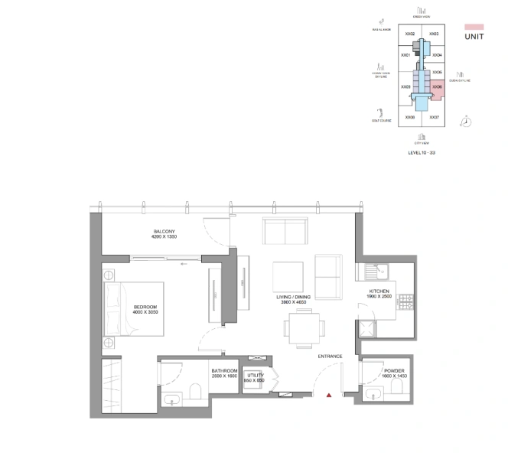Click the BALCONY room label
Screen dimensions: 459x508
[x=164, y=232]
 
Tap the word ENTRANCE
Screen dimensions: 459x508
[x=330, y=356]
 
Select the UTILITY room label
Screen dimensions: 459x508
[x=256, y=375]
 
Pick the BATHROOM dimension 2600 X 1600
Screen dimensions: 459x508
[x=224, y=376]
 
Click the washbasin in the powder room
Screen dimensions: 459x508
[x=372, y=394]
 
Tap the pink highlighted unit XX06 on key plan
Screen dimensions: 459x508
[x=436, y=88]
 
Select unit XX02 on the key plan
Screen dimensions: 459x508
[x=410, y=34]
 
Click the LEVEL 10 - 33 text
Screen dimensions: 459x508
[x=422, y=153]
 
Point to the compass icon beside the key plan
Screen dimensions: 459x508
[x=466, y=121]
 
